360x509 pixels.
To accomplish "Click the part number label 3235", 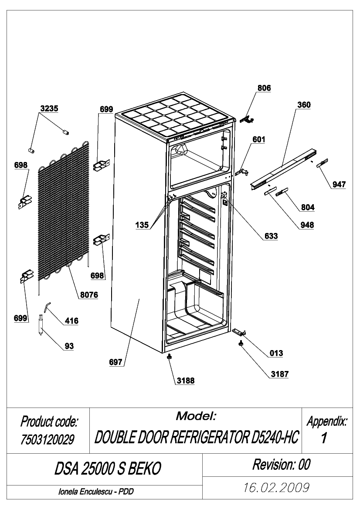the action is click(x=49, y=108).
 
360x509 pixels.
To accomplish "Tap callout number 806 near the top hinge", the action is click(x=264, y=88).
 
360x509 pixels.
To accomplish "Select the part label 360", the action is click(x=304, y=105).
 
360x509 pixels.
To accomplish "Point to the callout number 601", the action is click(x=258, y=140).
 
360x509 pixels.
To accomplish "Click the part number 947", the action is click(x=339, y=184).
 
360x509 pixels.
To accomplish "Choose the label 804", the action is click(x=308, y=207).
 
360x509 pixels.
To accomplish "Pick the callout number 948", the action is click(x=307, y=225).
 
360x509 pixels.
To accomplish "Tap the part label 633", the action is click(x=271, y=236).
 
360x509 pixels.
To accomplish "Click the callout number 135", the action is click(x=142, y=225).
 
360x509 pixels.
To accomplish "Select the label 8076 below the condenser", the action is click(x=89, y=295).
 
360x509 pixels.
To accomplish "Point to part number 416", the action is click(x=71, y=321).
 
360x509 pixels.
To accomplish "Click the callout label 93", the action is click(x=69, y=346).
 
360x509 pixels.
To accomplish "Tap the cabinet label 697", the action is click(x=115, y=362).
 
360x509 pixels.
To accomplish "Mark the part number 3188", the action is click(x=186, y=381).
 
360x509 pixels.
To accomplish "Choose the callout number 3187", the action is click(x=280, y=374).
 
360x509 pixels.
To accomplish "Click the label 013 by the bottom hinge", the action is click(x=276, y=353).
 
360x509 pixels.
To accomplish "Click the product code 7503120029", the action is click(x=48, y=439).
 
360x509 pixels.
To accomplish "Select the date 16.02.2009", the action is click(x=276, y=488).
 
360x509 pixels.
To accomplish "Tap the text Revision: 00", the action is click(x=282, y=465).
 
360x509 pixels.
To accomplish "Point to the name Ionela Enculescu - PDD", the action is click(x=96, y=492).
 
